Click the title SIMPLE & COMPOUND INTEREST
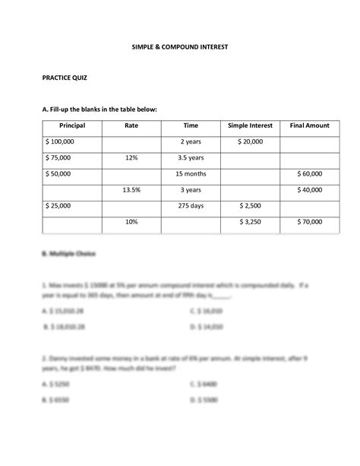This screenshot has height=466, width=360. click(x=180, y=48)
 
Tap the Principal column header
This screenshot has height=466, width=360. click(x=71, y=125)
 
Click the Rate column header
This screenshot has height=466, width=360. click(x=131, y=125)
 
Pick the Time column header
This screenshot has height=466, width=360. click(x=191, y=125)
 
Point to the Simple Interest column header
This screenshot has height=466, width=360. click(x=249, y=125)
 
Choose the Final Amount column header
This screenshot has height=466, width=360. click(x=308, y=125)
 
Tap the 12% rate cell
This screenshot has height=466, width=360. click(x=131, y=158)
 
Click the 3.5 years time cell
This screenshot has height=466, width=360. click(x=191, y=158)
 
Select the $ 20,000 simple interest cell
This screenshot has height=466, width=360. click(x=249, y=142)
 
